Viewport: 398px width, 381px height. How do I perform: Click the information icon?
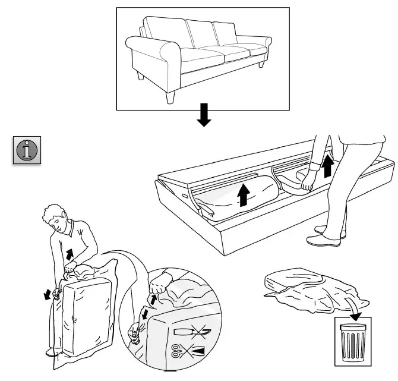tap(26, 149)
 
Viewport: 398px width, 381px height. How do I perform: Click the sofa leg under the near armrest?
tap(170, 96)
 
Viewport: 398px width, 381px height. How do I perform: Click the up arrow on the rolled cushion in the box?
tap(243, 194)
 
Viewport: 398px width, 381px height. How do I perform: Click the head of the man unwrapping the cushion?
tap(56, 219)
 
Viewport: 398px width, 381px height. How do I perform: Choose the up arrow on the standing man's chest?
tap(70, 254)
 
